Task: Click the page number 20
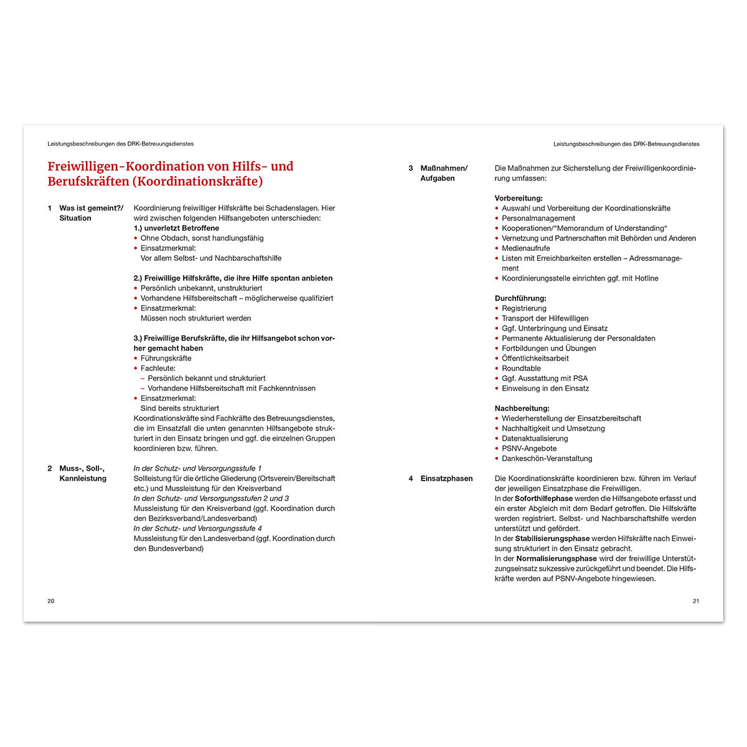click(x=51, y=601)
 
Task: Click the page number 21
click(x=695, y=601)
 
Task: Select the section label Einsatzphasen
click(x=446, y=479)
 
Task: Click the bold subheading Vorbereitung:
click(x=519, y=199)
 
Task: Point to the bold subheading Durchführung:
click(x=520, y=298)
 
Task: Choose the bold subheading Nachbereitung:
click(x=522, y=408)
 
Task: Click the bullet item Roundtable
click(x=521, y=369)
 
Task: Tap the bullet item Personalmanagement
click(x=538, y=218)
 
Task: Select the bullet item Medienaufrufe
click(x=526, y=248)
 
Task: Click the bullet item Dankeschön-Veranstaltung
click(x=547, y=459)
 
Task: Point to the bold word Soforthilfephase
click(x=543, y=499)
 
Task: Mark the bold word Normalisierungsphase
click(x=556, y=559)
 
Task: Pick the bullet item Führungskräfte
click(x=166, y=359)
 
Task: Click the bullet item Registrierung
click(x=524, y=309)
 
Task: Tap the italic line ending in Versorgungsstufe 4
click(x=197, y=529)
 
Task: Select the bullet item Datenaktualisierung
click(x=535, y=439)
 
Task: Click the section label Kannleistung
click(x=83, y=479)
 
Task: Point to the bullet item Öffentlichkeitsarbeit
click(x=535, y=359)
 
